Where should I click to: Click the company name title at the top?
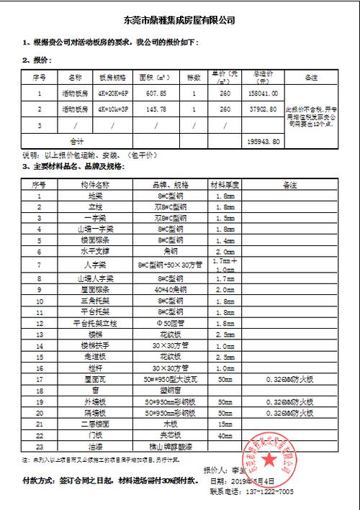[x=180, y=21]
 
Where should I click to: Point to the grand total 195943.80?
[x=263, y=141]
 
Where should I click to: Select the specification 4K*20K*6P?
[x=112, y=92]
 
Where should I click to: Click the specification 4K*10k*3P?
[x=112, y=109]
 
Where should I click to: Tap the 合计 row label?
[x=76, y=141]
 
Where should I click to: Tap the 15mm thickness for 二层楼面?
[x=225, y=424]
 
